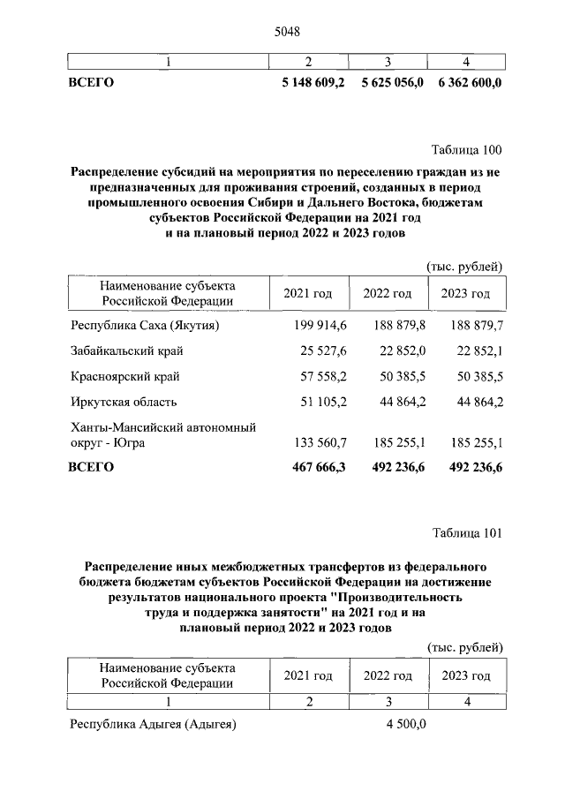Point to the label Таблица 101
[x=467, y=532]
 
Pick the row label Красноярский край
[x=124, y=377]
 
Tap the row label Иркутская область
[x=124, y=403]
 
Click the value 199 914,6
[x=320, y=326]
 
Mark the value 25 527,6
[x=324, y=351]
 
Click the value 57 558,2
[x=324, y=377]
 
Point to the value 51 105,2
[x=324, y=403]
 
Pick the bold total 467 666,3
[x=320, y=467]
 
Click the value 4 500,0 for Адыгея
[x=405, y=725]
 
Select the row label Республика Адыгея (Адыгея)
[x=153, y=725]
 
